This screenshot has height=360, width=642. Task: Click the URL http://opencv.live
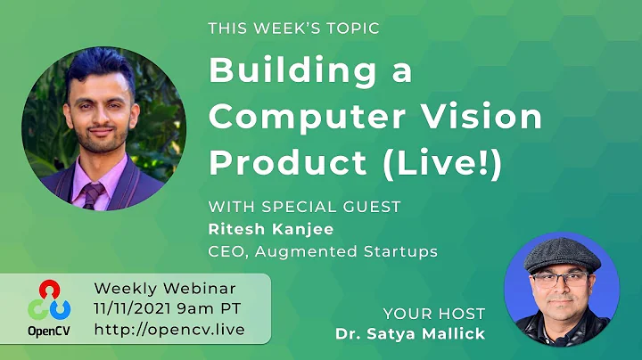coord(169,330)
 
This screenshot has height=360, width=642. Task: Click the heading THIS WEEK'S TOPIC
coord(293,29)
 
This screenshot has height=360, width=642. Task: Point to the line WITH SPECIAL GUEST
coord(304,207)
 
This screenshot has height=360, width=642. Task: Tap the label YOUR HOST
coord(433,314)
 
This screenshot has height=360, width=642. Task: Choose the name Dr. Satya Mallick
coord(410,335)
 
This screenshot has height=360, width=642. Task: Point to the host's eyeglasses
coord(560,279)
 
